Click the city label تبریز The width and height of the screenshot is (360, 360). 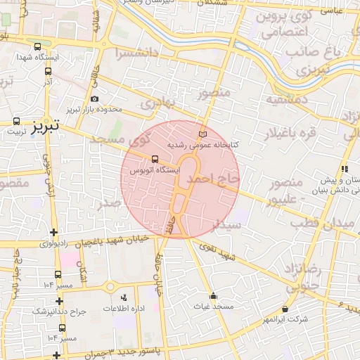(41, 125)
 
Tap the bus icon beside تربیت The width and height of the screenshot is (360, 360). (16, 122)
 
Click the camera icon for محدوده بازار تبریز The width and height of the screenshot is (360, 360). (95, 99)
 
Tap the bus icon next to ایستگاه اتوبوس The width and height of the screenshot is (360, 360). (155, 159)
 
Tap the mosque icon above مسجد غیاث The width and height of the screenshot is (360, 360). (213, 296)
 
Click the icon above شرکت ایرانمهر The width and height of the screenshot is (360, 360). (285, 309)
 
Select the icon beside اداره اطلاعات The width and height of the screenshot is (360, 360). (124, 298)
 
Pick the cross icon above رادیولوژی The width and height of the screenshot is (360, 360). (54, 233)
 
